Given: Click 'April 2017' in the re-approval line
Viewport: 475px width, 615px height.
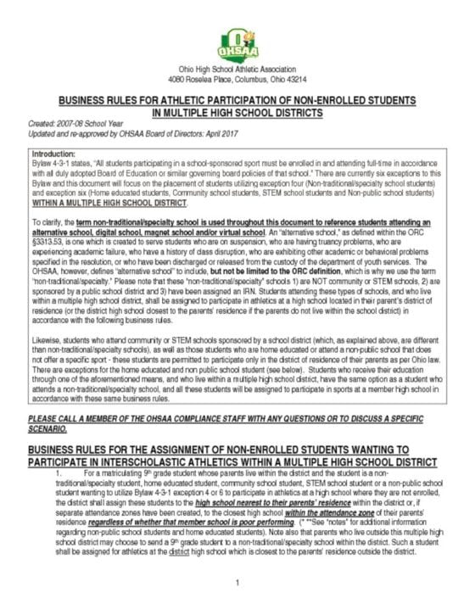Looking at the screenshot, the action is pyautogui.click(x=220, y=133).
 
